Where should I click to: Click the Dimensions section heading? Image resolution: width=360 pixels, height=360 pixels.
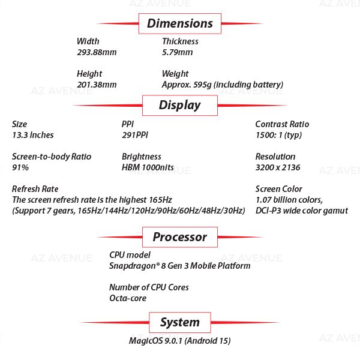tap(180, 23)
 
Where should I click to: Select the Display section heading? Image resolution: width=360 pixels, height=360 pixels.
tap(180, 106)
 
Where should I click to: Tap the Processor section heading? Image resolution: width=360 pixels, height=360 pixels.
tap(180, 237)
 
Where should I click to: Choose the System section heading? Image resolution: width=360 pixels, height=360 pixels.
tap(180, 322)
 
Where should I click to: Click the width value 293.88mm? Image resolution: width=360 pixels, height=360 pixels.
tap(97, 52)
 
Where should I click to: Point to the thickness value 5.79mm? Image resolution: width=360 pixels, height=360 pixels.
tap(178, 52)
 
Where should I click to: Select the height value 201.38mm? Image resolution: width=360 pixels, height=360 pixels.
tap(97, 85)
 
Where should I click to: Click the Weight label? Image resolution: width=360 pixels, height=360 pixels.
tap(175, 74)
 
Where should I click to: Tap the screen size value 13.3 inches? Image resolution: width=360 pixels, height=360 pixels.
tap(33, 135)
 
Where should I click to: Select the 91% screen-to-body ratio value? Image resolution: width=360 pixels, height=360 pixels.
tap(20, 167)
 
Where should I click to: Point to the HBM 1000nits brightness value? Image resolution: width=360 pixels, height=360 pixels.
tap(148, 167)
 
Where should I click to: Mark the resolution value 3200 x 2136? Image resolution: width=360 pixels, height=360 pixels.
tap(278, 167)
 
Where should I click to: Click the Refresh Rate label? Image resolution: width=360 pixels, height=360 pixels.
tap(35, 189)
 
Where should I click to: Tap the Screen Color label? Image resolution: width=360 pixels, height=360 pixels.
tap(279, 189)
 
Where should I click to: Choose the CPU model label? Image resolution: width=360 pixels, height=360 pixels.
tap(130, 255)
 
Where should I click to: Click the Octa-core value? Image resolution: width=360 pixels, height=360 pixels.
tap(128, 298)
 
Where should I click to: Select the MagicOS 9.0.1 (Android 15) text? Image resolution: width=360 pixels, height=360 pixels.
tap(180, 341)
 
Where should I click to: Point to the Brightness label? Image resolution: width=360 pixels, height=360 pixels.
tap(142, 157)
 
